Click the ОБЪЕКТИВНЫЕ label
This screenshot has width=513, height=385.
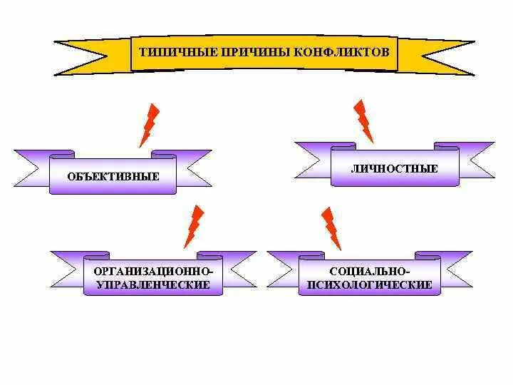pyautogui.click(x=114, y=176)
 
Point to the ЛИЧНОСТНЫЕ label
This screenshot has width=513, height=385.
pyautogui.click(x=394, y=169)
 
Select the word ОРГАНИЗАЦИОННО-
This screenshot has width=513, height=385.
pyautogui.click(x=153, y=272)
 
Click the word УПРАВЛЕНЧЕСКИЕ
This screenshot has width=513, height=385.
pyautogui.click(x=153, y=284)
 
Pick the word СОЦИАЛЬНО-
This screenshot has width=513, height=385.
pyautogui.click(x=370, y=272)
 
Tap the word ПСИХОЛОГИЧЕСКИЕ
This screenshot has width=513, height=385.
pyautogui.click(x=370, y=284)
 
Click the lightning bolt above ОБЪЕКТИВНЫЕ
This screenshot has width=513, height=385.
pyautogui.click(x=150, y=125)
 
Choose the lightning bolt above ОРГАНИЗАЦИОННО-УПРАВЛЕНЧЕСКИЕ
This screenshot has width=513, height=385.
pyautogui.click(x=193, y=226)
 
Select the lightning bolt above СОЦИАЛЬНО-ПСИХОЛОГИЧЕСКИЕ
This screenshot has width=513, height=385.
pyautogui.click(x=331, y=228)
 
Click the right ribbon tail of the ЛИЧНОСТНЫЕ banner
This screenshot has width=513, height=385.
pyautogui.click(x=476, y=159)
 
